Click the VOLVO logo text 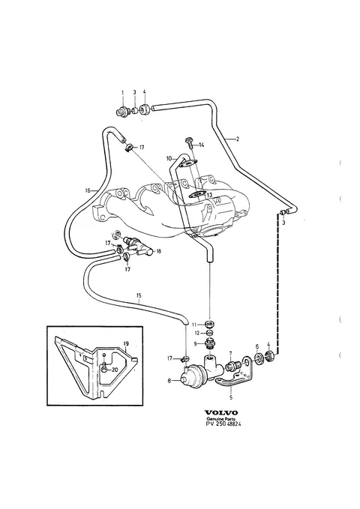tap(221, 412)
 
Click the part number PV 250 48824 tap(223, 424)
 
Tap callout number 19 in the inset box tap(126, 343)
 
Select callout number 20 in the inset tap(115, 370)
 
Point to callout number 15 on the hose tap(139, 295)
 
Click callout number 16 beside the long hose tap(88, 190)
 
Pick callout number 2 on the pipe tap(238, 139)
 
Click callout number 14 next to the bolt tap(202, 145)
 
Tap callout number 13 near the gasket tap(209, 195)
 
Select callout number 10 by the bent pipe tap(169, 158)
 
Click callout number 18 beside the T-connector tap(158, 251)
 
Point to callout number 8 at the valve tap(169, 381)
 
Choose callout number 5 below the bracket tap(231, 397)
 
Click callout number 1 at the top tap(122, 93)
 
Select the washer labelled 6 tap(259, 358)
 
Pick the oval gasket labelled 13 tap(196, 195)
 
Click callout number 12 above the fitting tap(196, 334)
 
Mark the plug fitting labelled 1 tap(121, 112)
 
